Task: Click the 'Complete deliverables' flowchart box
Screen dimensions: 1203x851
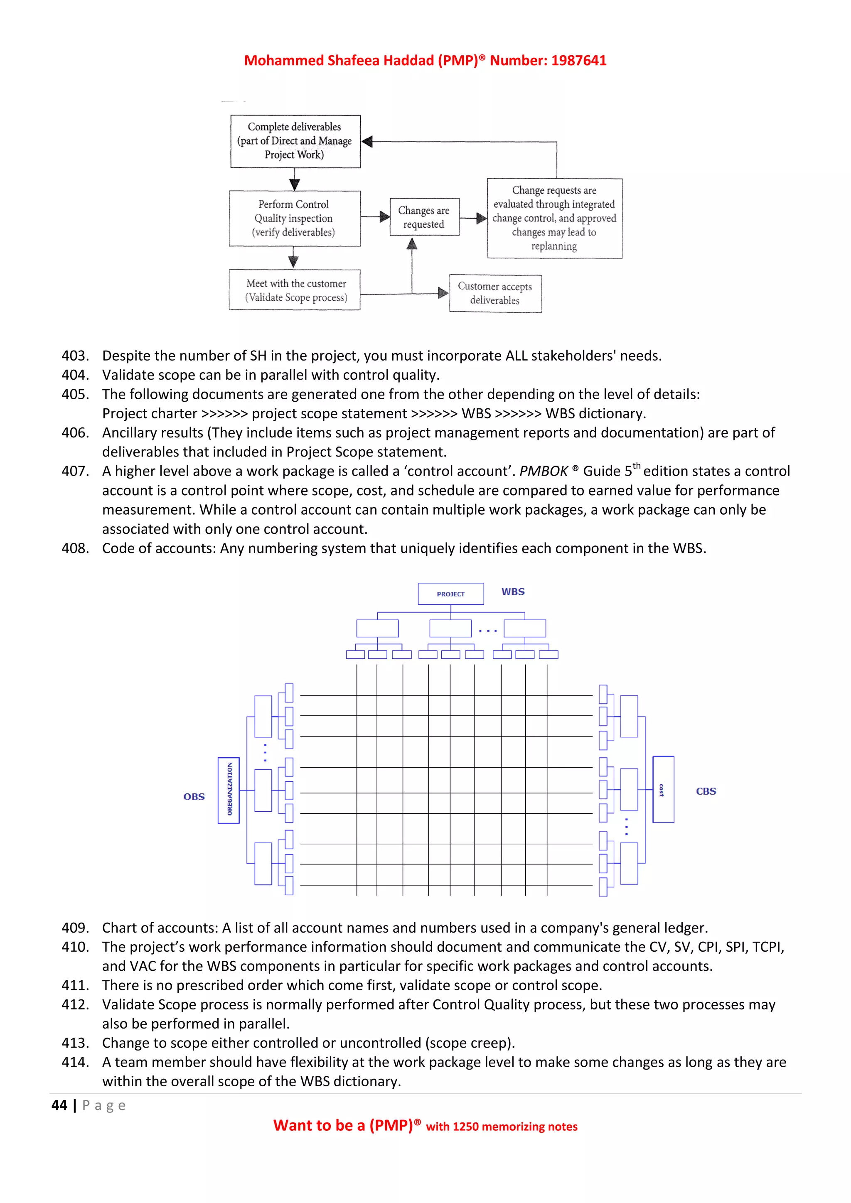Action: point(295,141)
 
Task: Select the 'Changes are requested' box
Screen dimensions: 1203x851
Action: point(424,217)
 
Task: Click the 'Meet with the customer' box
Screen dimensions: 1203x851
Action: point(295,290)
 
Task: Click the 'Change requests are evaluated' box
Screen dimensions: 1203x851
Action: point(554,218)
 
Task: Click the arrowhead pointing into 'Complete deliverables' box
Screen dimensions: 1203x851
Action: point(367,142)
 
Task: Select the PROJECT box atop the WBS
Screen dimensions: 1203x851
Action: point(451,594)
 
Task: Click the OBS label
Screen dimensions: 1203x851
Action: point(194,796)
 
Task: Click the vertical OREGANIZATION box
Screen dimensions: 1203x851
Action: point(229,790)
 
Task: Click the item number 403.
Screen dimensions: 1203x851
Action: point(75,356)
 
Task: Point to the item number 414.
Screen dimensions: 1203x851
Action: point(75,1062)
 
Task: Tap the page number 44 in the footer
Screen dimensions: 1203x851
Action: point(59,1105)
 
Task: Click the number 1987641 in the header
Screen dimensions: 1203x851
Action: point(578,60)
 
